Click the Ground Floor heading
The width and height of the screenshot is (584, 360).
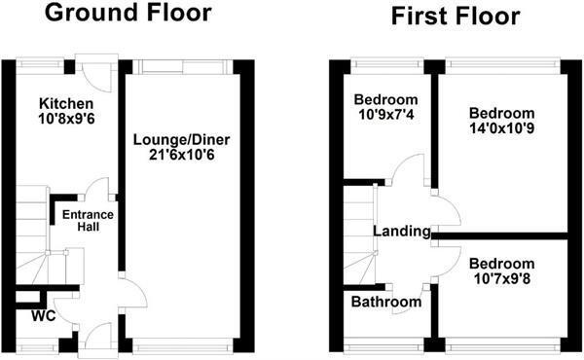pyautogui.click(x=128, y=13)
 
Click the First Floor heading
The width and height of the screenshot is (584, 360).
pyautogui.click(x=456, y=17)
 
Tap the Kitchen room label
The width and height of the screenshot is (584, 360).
pyautogui.click(x=66, y=103)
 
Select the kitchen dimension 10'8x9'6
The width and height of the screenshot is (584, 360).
pyautogui.click(x=66, y=119)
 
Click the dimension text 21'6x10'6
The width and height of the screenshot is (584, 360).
pyautogui.click(x=182, y=155)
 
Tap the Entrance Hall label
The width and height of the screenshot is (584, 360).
pyautogui.click(x=88, y=221)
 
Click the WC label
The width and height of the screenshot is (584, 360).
pyautogui.click(x=44, y=315)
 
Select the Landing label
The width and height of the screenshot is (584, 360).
pyautogui.click(x=402, y=232)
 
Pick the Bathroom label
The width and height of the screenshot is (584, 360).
pyautogui.click(x=386, y=302)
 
